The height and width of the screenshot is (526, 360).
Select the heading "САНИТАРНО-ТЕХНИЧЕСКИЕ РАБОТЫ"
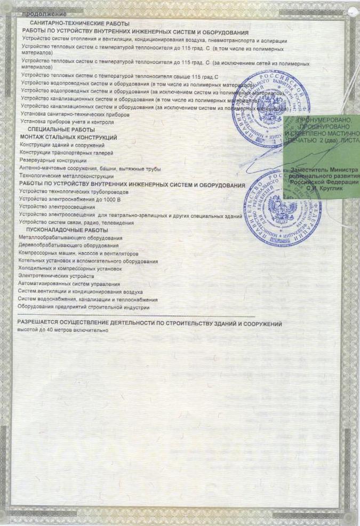(80, 25)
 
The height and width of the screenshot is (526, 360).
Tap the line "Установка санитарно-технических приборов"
(74, 114)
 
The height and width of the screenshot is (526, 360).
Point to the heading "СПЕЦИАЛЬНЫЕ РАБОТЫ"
(61, 130)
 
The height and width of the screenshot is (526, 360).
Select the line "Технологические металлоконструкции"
(66, 176)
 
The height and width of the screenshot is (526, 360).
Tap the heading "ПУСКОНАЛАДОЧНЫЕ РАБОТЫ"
(67, 230)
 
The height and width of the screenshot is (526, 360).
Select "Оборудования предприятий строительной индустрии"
(84, 307)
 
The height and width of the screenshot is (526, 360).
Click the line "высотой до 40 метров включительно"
(63, 330)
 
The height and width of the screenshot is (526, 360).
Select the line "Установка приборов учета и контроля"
(67, 122)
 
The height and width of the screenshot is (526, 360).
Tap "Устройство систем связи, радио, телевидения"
(76, 222)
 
